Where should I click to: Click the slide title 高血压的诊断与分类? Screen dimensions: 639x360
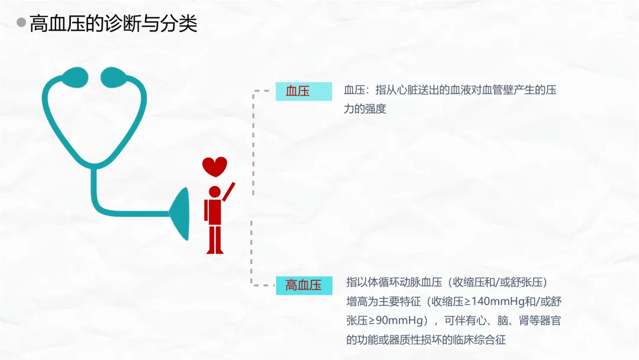point(113,24)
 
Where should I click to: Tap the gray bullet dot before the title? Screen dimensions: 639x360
point(21,23)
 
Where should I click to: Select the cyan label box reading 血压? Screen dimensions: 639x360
point(304,91)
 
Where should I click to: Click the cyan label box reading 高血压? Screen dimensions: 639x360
point(304,285)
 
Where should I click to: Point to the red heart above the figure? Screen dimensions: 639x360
point(214,165)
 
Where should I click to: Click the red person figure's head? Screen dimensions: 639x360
point(214,192)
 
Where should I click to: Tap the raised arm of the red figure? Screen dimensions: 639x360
point(228,191)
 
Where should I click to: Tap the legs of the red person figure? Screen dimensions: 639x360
point(214,239)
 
